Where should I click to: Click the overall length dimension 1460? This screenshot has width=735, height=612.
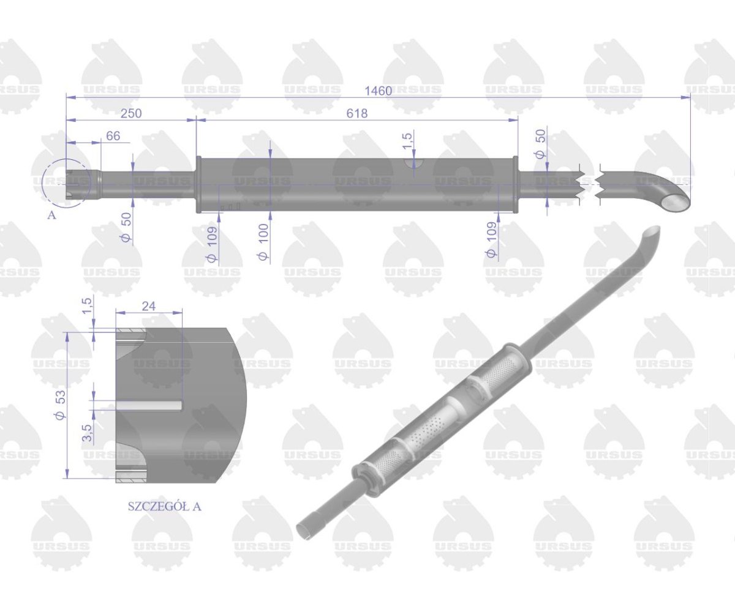[377, 91]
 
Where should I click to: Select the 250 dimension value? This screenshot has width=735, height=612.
[132, 114]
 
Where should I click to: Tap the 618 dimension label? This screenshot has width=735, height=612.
[356, 114]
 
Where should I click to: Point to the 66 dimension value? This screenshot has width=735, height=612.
[113, 136]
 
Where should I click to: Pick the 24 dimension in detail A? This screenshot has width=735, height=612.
[148, 307]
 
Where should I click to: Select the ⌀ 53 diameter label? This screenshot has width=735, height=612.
[60, 405]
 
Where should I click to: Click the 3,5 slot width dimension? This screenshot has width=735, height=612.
[86, 432]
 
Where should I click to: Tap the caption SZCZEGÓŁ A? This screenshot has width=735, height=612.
[164, 506]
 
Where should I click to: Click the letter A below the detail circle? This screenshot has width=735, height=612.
[51, 215]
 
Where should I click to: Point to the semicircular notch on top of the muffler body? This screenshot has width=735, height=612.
[415, 162]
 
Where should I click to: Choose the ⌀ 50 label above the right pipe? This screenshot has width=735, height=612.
[540, 144]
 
